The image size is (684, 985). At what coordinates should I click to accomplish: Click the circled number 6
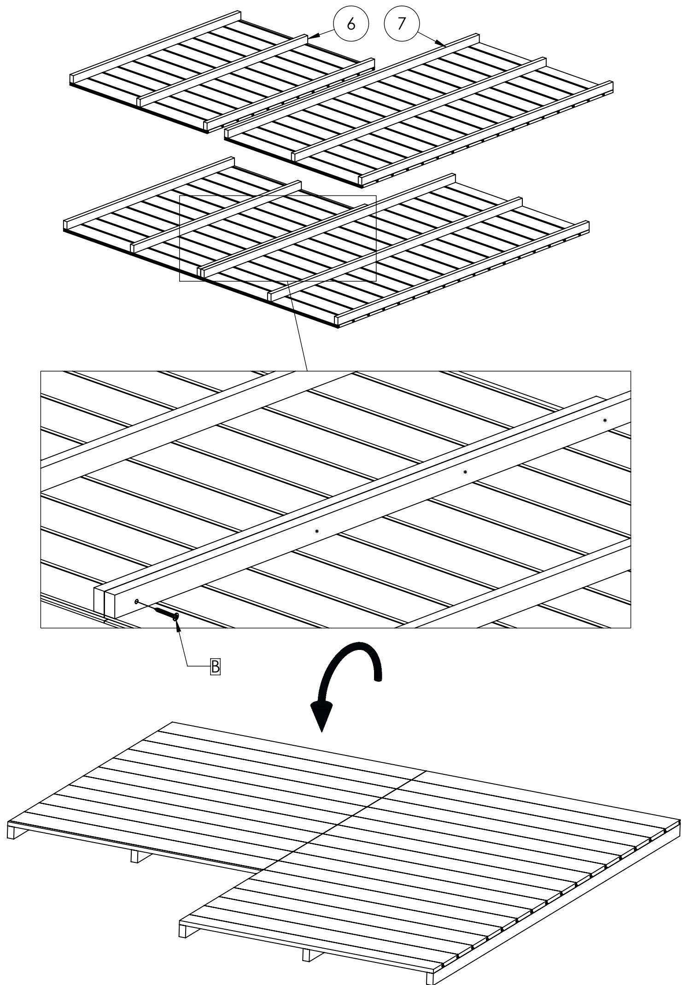coord(351,24)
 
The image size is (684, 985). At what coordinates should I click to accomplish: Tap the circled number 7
coord(402,23)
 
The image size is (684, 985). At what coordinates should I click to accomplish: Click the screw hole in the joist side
coord(137,601)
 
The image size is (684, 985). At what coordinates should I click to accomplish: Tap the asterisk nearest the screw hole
coord(317,531)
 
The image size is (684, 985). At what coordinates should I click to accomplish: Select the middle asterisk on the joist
coord(465,472)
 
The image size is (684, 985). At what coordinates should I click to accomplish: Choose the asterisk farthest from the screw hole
coord(605,420)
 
